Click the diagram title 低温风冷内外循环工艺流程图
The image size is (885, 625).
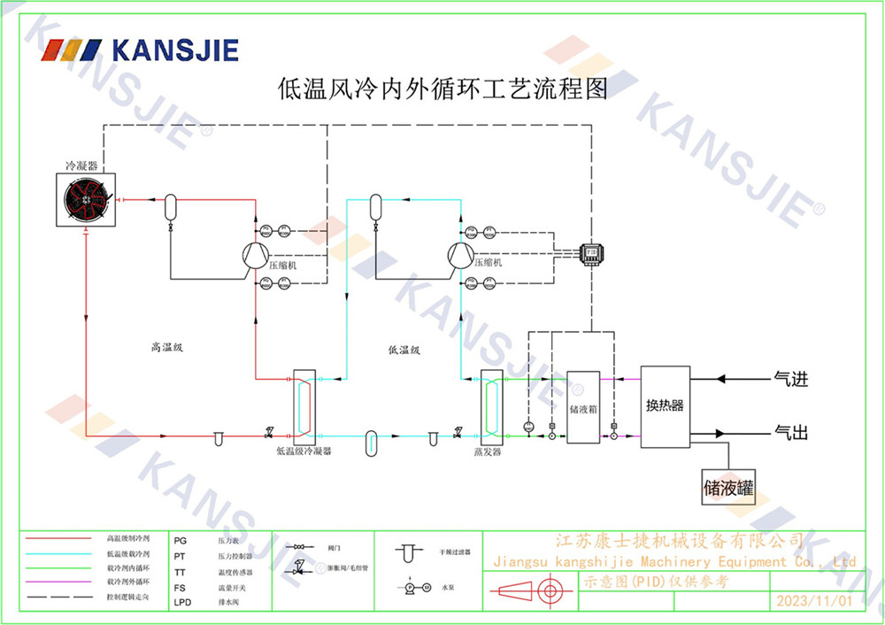(x=442, y=89)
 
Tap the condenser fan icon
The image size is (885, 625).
(x=86, y=201)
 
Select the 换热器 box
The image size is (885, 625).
(x=665, y=406)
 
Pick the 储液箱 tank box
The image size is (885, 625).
(x=582, y=408)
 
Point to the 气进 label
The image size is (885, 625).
(x=791, y=380)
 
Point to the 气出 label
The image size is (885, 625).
(x=791, y=433)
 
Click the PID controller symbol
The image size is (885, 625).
(x=590, y=252)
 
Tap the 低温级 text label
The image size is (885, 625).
(x=404, y=350)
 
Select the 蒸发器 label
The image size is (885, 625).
(x=488, y=451)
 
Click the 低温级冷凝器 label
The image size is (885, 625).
(x=303, y=451)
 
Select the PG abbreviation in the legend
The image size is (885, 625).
(x=181, y=539)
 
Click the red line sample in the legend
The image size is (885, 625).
(x=59, y=538)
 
